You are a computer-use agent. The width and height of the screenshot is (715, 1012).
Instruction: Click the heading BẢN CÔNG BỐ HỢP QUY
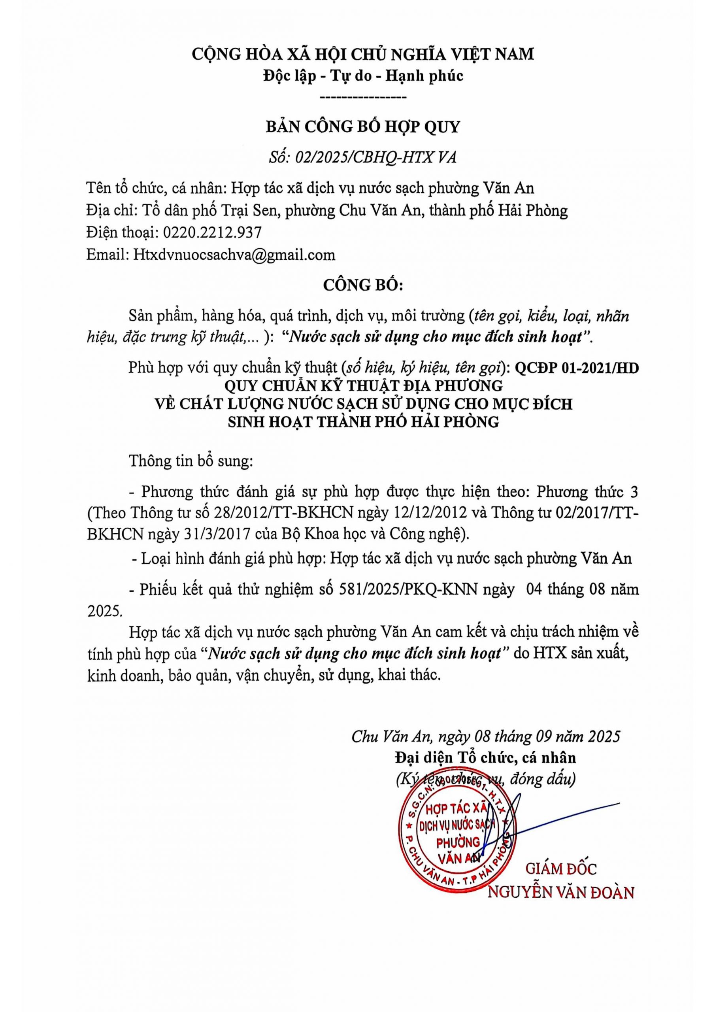pyautogui.click(x=362, y=127)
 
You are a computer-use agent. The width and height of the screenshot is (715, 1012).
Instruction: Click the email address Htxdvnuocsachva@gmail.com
pyautogui.click(x=234, y=255)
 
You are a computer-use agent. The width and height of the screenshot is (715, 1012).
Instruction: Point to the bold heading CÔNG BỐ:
pyautogui.click(x=363, y=285)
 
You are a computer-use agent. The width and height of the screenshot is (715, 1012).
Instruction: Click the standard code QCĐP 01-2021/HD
pyautogui.click(x=577, y=368)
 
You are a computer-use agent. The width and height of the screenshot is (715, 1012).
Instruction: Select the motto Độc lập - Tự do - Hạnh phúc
pyautogui.click(x=363, y=76)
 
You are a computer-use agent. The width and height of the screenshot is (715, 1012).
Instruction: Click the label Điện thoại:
pyautogui.click(x=122, y=232)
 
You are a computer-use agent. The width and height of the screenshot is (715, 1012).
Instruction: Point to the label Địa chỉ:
pyautogui.click(x=112, y=211)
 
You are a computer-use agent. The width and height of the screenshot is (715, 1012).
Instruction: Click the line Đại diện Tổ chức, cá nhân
pyautogui.click(x=485, y=758)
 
